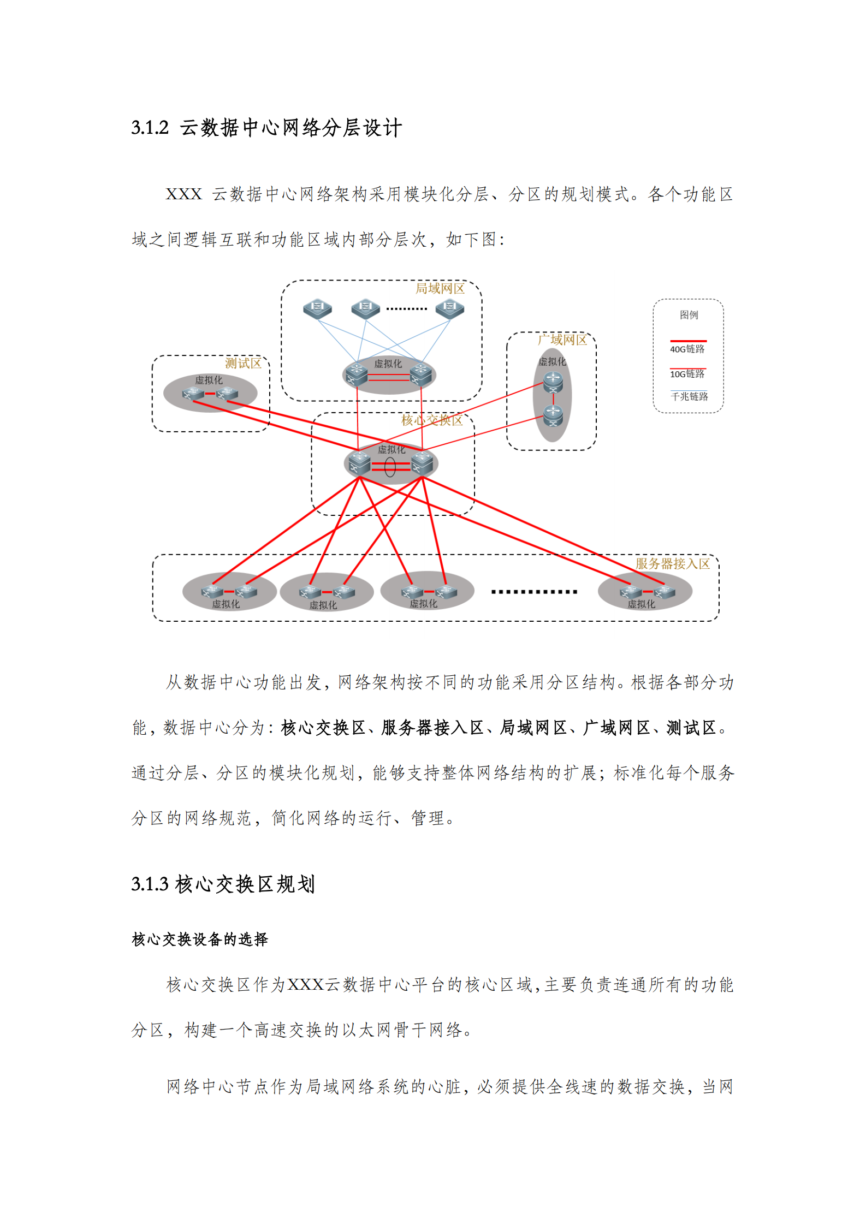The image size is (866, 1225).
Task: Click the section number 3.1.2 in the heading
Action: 150,128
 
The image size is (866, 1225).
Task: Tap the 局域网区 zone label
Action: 440,288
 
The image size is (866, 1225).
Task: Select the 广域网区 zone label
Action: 562,340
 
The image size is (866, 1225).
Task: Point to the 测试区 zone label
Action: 243,363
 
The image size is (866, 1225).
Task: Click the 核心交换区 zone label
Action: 431,420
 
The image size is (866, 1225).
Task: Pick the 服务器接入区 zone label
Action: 672,563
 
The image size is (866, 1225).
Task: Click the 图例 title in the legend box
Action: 689,314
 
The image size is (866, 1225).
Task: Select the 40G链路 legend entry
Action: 687,349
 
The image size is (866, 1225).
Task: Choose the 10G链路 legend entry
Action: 687,374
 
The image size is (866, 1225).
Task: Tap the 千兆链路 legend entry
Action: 689,396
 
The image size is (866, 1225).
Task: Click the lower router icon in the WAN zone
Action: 553,416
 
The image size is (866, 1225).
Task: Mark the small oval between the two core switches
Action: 390,467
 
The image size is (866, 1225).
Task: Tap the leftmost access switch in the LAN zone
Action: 317,308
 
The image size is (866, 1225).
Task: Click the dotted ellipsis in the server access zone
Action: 533,592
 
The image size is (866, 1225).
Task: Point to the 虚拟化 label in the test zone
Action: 209,380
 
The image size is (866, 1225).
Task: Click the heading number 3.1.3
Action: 150,884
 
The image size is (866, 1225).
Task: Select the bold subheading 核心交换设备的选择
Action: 199,939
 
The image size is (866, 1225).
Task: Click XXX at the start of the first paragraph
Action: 183,194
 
